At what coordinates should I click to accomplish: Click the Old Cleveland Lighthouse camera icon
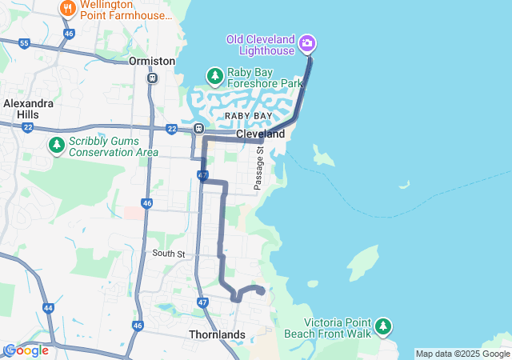coord(308,42)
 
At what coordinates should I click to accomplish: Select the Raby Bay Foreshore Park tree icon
coord(214,76)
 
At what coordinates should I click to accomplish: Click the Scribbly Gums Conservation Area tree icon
coord(56,146)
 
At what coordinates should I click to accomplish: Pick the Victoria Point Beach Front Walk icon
coord(384,326)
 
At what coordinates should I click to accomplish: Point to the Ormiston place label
coord(151,61)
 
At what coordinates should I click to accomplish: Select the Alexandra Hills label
coord(28,109)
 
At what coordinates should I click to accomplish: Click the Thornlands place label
coord(217,334)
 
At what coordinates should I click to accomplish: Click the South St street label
coord(169,254)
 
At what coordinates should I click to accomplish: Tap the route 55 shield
coord(25,42)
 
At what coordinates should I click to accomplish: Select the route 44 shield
coord(49,308)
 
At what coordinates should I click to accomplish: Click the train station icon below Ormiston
coord(152,78)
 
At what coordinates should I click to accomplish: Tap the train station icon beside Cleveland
coord(198,129)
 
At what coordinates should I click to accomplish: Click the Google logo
coord(26,350)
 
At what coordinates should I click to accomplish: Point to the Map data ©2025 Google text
coord(462,354)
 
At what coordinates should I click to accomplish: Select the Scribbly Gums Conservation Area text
coord(113,146)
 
